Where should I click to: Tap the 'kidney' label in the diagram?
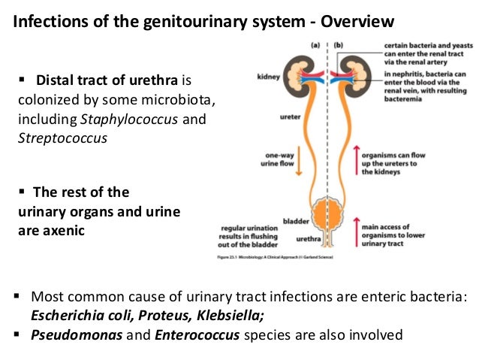point(269,76)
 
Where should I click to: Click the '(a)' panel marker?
point(315,44)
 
